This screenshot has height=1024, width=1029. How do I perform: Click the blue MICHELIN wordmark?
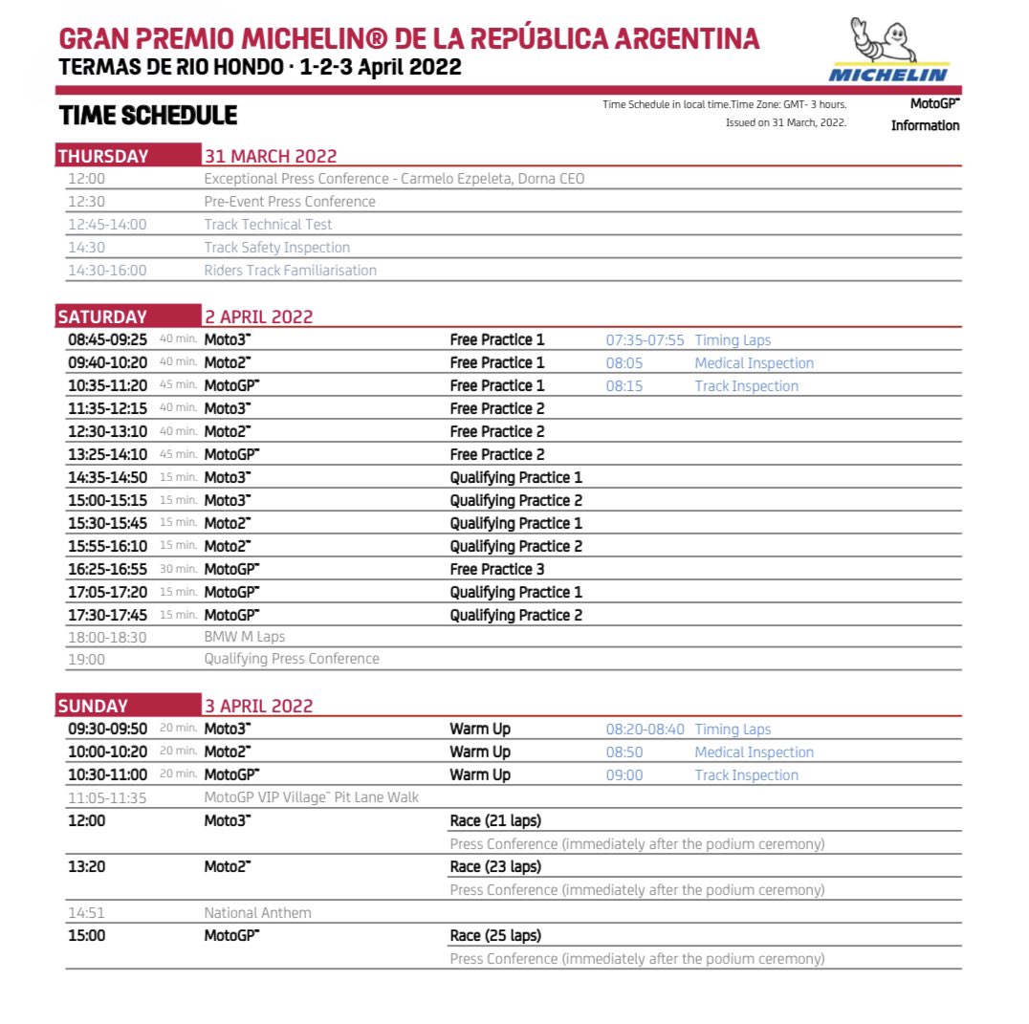coord(888,74)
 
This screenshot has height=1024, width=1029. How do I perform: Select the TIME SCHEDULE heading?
coord(147,116)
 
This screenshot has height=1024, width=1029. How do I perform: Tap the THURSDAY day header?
coord(103,157)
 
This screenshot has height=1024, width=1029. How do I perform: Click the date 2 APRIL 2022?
coord(258,317)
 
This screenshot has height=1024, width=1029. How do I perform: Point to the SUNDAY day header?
coord(93,707)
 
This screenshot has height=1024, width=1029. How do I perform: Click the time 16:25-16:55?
coord(107,569)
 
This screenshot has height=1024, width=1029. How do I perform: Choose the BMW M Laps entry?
coord(245,636)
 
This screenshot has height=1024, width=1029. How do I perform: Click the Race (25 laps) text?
coord(495,935)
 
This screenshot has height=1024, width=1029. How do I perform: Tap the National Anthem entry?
coord(257,912)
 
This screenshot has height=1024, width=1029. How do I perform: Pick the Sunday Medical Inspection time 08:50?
coord(624,752)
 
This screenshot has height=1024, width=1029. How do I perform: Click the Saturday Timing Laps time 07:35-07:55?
coord(645,340)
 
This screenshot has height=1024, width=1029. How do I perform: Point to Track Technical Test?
coord(268,225)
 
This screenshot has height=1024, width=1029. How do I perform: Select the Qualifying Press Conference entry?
coord(292,659)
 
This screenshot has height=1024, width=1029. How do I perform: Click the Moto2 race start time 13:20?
coord(86,867)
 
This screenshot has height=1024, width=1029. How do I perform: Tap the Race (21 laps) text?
coord(495,821)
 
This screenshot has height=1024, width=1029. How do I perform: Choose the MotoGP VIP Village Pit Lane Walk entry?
coord(312,797)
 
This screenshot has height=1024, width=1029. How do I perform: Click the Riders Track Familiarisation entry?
coord(291,271)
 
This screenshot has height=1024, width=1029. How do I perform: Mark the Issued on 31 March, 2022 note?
coord(786,122)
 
